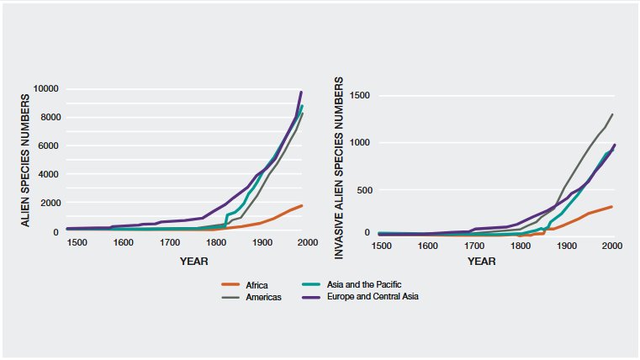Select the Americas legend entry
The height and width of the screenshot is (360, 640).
262,297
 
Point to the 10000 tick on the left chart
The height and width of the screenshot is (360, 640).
45,89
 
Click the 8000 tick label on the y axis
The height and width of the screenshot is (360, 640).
47,118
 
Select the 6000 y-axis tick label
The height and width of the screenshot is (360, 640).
47,146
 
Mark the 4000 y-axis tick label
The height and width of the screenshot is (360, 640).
47,175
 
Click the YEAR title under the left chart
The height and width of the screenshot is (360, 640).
193,261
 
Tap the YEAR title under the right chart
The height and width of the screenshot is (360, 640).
482,261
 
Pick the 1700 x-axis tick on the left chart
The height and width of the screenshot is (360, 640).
170,243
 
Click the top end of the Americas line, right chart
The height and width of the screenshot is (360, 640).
612,114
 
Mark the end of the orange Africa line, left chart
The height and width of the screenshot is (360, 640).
302,205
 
